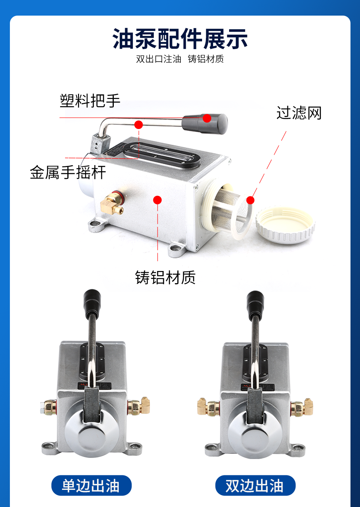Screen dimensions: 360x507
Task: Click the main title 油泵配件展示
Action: tap(180, 39)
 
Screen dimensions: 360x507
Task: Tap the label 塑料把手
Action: tap(90, 100)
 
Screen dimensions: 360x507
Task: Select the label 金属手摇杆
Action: tap(68, 172)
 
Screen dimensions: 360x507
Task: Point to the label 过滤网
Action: tap(299, 113)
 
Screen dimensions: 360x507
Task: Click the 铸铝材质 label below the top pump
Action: tap(165, 277)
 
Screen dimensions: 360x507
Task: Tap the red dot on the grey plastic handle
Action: tap(207, 118)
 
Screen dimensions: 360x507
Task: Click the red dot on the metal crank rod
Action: tap(139, 125)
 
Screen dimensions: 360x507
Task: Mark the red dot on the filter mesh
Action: tap(250, 200)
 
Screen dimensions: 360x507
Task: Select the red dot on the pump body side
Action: tap(157, 200)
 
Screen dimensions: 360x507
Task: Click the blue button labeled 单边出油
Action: tap(91, 486)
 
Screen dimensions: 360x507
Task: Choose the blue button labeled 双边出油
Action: tap(255, 486)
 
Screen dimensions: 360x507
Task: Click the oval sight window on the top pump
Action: tap(162, 155)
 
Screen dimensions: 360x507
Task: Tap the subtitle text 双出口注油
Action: tap(159, 59)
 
